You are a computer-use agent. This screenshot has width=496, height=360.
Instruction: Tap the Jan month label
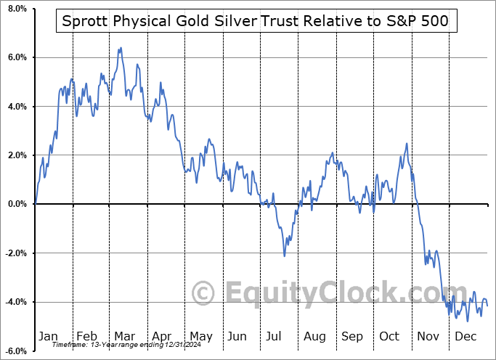[48, 336]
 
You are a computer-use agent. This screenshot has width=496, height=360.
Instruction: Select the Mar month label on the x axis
[123, 336]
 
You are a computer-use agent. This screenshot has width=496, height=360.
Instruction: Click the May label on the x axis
[200, 336]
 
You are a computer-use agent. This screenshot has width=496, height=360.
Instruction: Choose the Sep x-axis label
[352, 336]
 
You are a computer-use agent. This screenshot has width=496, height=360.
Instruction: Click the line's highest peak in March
[120, 48]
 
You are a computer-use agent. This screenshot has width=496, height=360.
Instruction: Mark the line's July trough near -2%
[284, 255]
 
